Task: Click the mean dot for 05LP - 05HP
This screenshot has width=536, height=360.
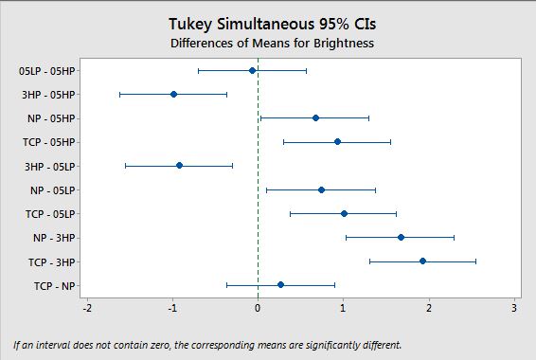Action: coord(252,71)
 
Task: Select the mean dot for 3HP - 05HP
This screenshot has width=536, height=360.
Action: coord(173,95)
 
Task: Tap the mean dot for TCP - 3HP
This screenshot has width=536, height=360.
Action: coord(422,261)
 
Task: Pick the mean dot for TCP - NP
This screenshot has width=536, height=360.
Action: coord(280,285)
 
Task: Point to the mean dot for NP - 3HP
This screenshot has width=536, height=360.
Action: coord(401,237)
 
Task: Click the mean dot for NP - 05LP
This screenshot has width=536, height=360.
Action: coord(321,190)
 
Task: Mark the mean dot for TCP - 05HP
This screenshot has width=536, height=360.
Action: coord(337,142)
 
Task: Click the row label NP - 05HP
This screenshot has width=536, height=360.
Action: coord(51,118)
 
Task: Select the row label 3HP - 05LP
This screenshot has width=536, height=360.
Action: coord(49,167)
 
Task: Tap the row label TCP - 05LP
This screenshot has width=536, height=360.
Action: coord(50,214)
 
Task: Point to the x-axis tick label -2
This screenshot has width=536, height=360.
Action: coord(87,309)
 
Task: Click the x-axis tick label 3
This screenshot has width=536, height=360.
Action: coord(514,309)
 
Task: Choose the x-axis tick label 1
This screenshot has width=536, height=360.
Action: coord(343,309)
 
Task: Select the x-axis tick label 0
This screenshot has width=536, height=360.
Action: coord(258,309)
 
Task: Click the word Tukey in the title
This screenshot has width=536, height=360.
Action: coord(190,25)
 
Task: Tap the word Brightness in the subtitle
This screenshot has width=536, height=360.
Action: coord(344,44)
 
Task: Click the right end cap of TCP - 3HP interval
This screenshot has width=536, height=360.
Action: coord(475,261)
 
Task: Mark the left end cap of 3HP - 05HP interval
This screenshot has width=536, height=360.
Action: coord(119,95)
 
